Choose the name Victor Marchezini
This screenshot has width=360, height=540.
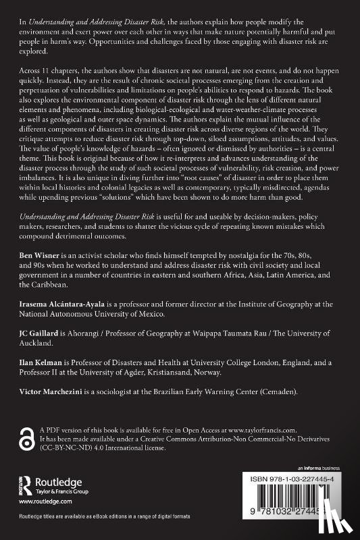(49, 394)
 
